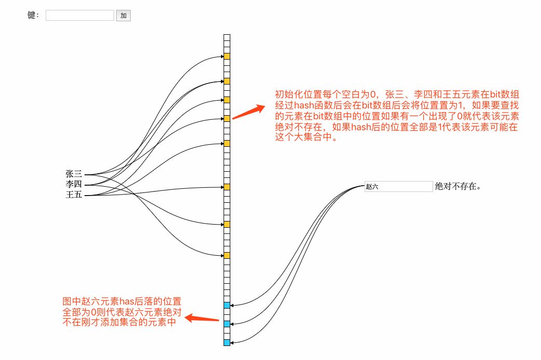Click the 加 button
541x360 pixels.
[x=123, y=16]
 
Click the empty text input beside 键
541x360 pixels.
[x=79, y=16]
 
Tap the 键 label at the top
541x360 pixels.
[x=33, y=16]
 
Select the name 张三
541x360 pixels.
[x=74, y=174]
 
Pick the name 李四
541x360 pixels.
[x=74, y=185]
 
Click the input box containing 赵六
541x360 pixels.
[x=398, y=186]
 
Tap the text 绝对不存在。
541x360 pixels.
[x=458, y=186]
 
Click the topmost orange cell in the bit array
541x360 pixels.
[x=227, y=56]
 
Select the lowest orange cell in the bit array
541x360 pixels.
[x=227, y=255]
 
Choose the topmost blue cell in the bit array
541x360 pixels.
[x=227, y=305]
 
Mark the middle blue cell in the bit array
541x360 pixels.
[x=227, y=324]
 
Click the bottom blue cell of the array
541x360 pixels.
[x=227, y=342]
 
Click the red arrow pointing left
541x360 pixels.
[x=202, y=319]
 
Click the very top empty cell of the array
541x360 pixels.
[x=227, y=37]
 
